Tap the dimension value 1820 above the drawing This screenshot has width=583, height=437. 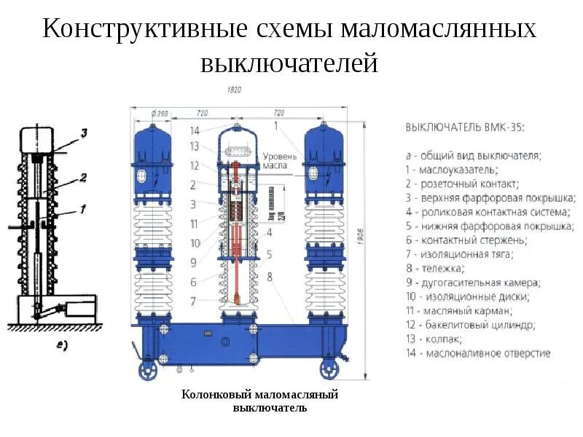tap(234, 90)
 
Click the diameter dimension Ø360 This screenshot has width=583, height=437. tap(158, 114)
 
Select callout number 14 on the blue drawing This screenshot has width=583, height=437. tap(194, 130)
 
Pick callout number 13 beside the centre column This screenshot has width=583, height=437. tap(194, 146)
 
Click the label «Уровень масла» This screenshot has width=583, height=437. tap(280, 161)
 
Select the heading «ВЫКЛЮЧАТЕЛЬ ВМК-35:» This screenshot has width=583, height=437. tap(464, 127)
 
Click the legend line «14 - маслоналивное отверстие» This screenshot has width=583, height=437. tap(477, 353)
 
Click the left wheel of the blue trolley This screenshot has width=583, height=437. tap(149, 371)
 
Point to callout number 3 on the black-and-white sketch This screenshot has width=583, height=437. tap(84, 133)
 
